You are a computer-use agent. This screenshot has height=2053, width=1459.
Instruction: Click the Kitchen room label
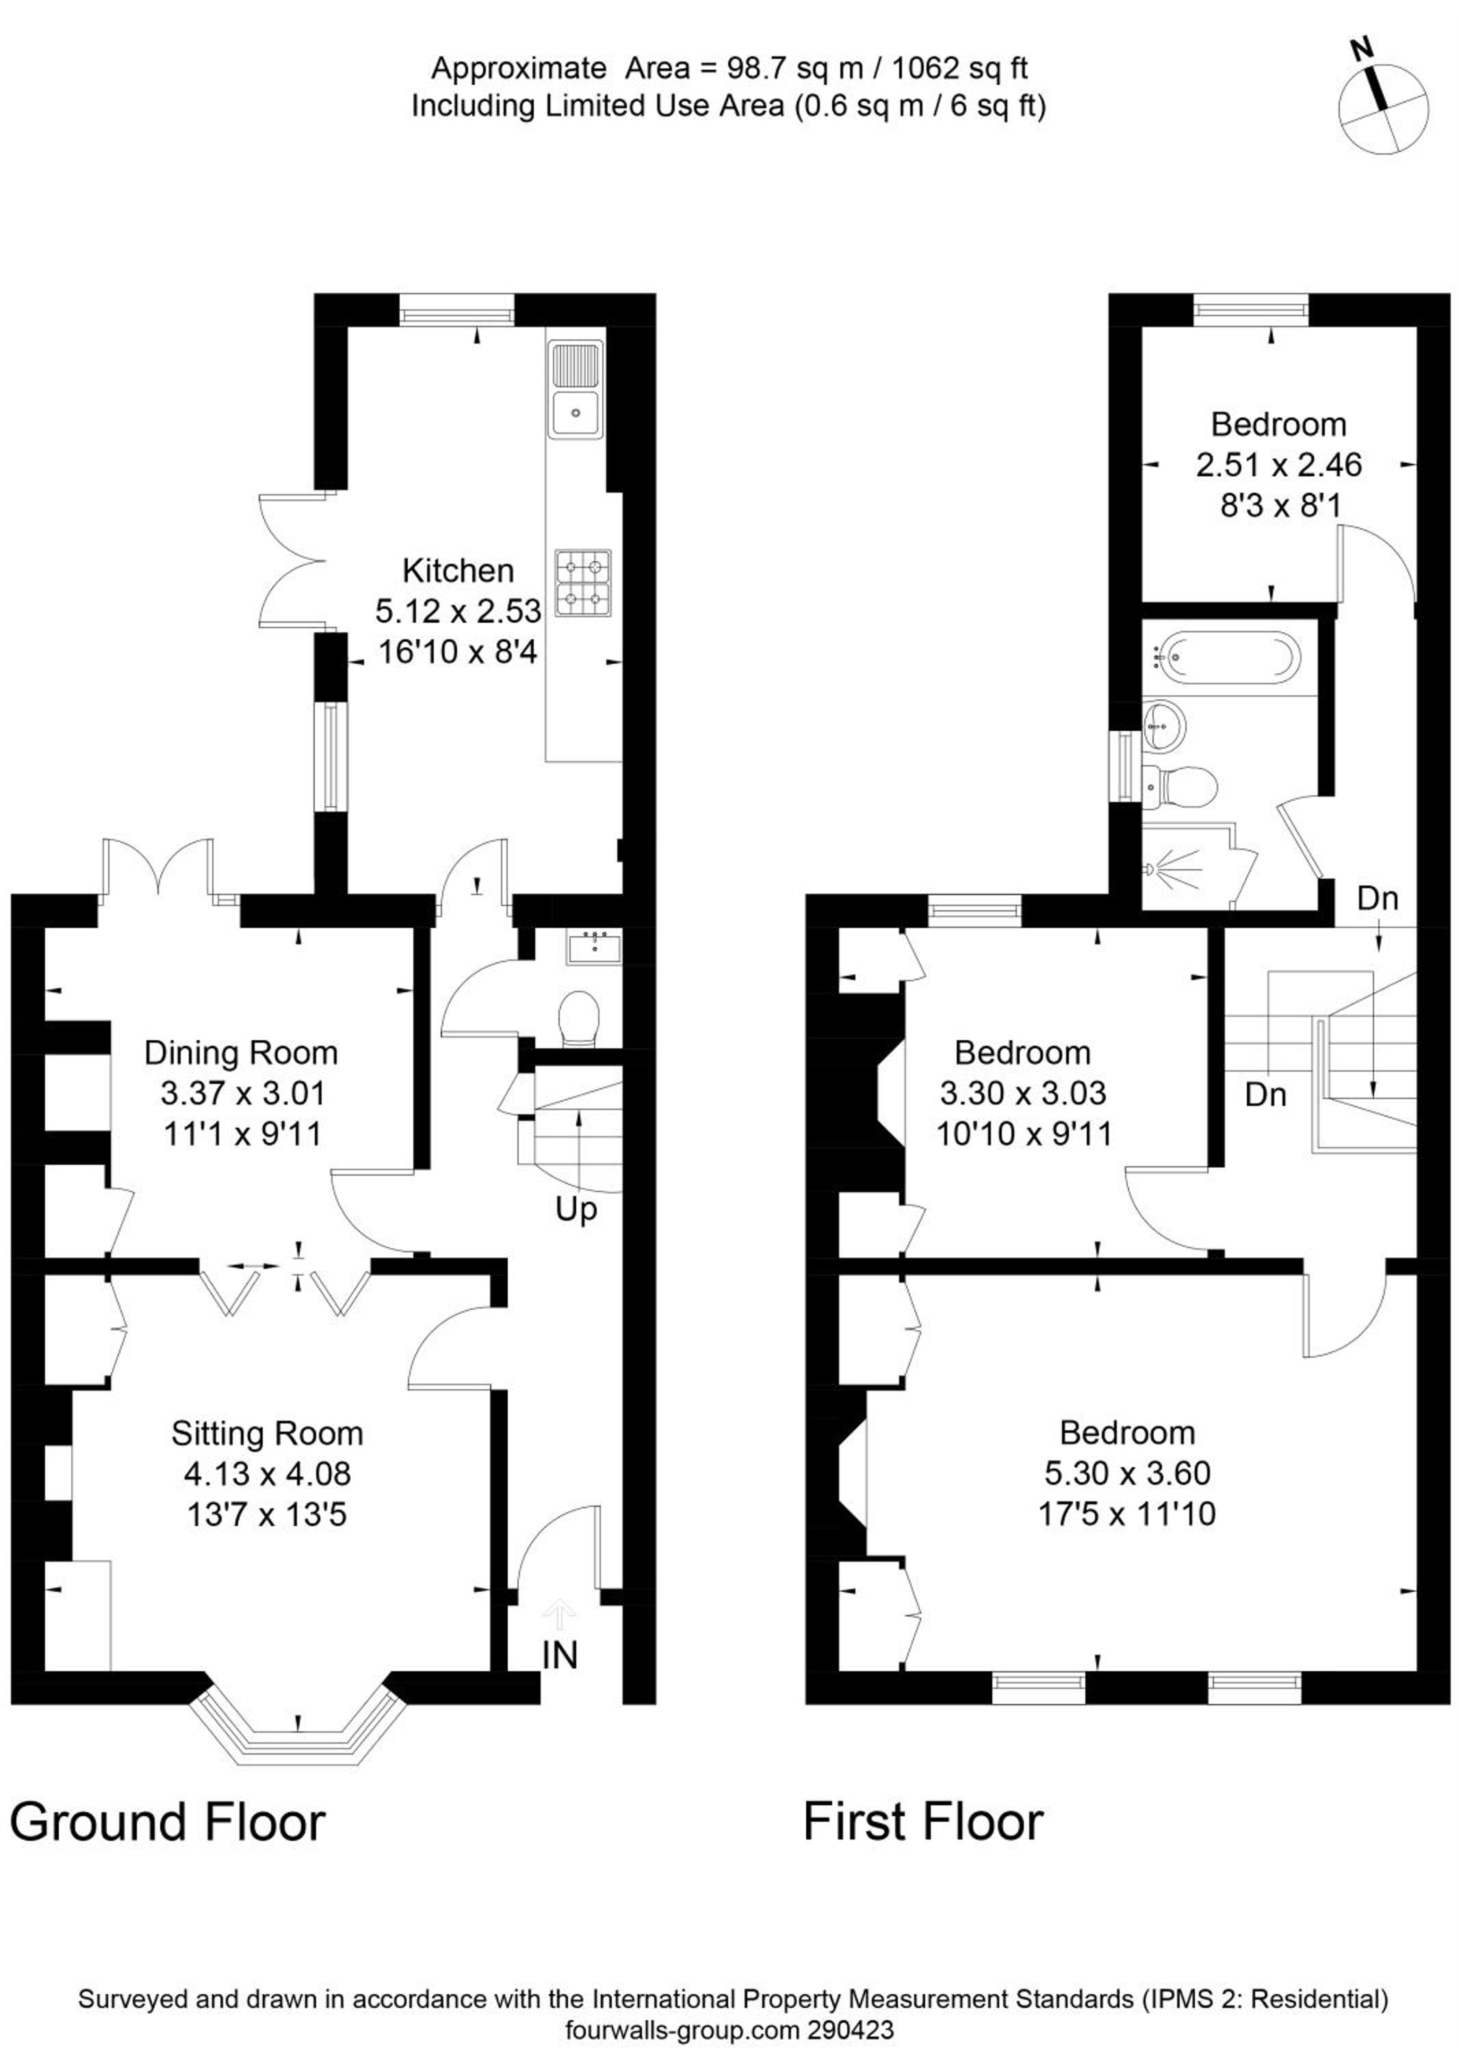coord(459,571)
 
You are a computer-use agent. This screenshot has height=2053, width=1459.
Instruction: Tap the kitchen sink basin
coord(575,413)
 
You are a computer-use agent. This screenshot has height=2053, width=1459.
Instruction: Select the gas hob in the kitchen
coord(583,582)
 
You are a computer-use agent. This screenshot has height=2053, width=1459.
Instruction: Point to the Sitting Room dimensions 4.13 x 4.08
coord(267,1473)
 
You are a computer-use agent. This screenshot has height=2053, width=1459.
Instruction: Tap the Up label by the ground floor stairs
coord(576,1210)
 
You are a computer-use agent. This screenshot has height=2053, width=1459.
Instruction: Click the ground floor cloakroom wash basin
coord(594,948)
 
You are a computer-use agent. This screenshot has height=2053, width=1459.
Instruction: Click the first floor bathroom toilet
coord(1180,784)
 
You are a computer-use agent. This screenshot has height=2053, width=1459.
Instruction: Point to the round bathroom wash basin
coord(1165,723)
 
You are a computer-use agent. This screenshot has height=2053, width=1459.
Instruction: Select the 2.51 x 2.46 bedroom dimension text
coord(1278,465)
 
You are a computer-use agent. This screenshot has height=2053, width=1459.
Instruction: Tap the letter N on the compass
coord(1364,51)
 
